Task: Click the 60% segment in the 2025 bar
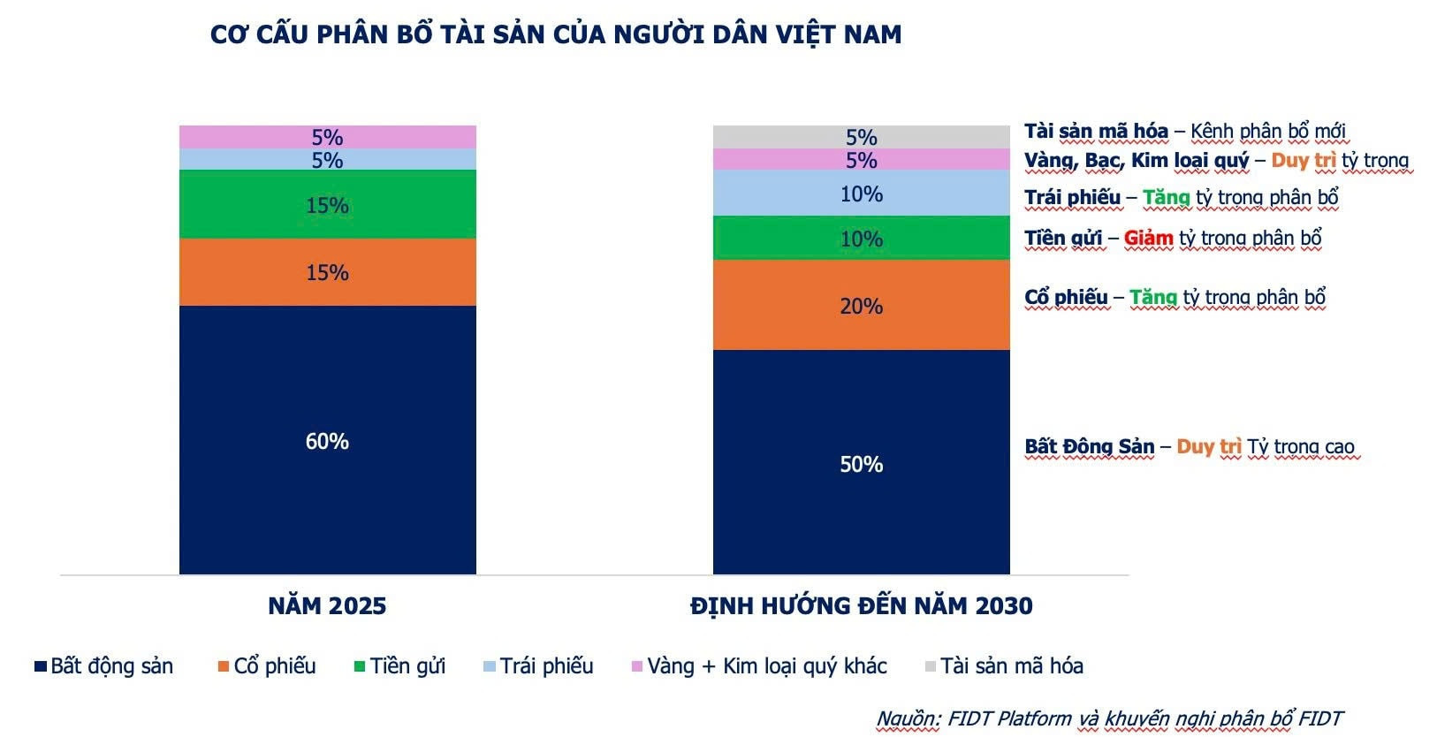tap(327, 440)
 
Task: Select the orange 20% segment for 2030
tap(861, 306)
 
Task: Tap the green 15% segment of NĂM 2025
tap(327, 205)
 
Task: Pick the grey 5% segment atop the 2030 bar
tap(861, 137)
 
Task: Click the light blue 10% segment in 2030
tap(861, 194)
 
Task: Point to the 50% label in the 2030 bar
tap(861, 464)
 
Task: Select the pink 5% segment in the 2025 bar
tap(327, 137)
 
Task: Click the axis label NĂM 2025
tap(327, 605)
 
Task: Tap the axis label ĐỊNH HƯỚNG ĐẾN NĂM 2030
tap(861, 605)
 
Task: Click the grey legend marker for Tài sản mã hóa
tap(930, 666)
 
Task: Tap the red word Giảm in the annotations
tap(1148, 238)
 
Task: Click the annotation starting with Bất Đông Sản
tap(1189, 446)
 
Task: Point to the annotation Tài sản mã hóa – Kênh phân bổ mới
tap(1184, 132)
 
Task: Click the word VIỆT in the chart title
tap(805, 34)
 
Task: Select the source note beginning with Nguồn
tap(1109, 718)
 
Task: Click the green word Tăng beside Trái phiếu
tap(1166, 197)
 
